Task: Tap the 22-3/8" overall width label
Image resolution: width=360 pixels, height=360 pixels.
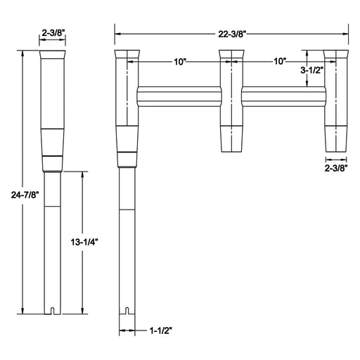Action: click(232, 32)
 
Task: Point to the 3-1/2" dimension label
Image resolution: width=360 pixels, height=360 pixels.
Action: click(312, 70)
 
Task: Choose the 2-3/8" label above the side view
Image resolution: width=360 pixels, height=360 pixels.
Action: click(54, 32)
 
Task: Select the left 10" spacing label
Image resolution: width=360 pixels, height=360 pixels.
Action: click(179, 62)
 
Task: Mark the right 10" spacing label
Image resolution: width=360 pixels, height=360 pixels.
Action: click(280, 62)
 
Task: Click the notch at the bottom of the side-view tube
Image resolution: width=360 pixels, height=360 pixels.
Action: click(54, 310)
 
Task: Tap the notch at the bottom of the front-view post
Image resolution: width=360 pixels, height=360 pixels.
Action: click(127, 310)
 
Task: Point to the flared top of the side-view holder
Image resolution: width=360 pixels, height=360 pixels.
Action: click(54, 56)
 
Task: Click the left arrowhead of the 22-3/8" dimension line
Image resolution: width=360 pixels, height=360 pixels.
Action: click(117, 32)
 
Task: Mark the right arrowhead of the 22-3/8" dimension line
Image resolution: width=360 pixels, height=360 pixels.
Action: click(347, 32)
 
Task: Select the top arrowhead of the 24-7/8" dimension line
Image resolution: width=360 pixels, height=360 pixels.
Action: click(23, 53)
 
